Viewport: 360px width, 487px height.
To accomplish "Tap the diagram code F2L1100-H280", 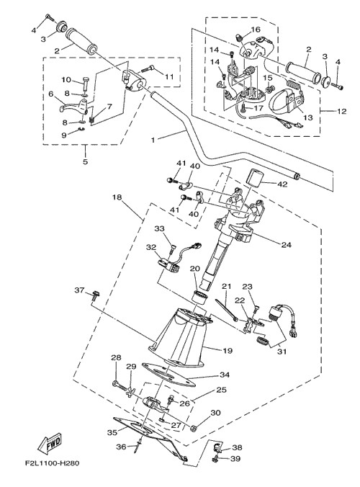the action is pyautogui.click(x=52, y=463).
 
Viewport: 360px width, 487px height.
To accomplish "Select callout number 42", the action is pyautogui.click(x=283, y=184).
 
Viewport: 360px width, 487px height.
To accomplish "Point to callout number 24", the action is pyautogui.click(x=286, y=245).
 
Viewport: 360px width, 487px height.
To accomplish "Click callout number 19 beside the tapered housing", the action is pyautogui.click(x=228, y=351).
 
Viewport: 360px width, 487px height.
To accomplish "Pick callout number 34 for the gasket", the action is pyautogui.click(x=225, y=375).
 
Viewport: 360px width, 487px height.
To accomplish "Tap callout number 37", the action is pyautogui.click(x=79, y=290).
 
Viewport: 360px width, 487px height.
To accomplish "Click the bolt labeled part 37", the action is pyautogui.click(x=96, y=295).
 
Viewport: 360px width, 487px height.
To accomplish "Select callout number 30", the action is pyautogui.click(x=215, y=413).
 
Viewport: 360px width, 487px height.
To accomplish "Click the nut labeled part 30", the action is pyautogui.click(x=194, y=429).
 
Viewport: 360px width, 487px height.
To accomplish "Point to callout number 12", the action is pyautogui.click(x=341, y=111).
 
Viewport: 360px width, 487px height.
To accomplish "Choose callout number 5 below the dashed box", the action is pyautogui.click(x=85, y=161).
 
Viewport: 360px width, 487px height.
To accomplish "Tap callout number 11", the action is pyautogui.click(x=168, y=76).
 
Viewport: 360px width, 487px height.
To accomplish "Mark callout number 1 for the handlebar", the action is pyautogui.click(x=153, y=140).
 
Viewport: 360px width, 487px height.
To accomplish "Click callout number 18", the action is pyautogui.click(x=117, y=197).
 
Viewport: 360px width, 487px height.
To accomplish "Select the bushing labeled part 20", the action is pyautogui.click(x=200, y=297).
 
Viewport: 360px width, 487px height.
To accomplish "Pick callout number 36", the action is pyautogui.click(x=122, y=447).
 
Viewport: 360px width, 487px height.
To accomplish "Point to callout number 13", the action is pyautogui.click(x=308, y=117).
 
